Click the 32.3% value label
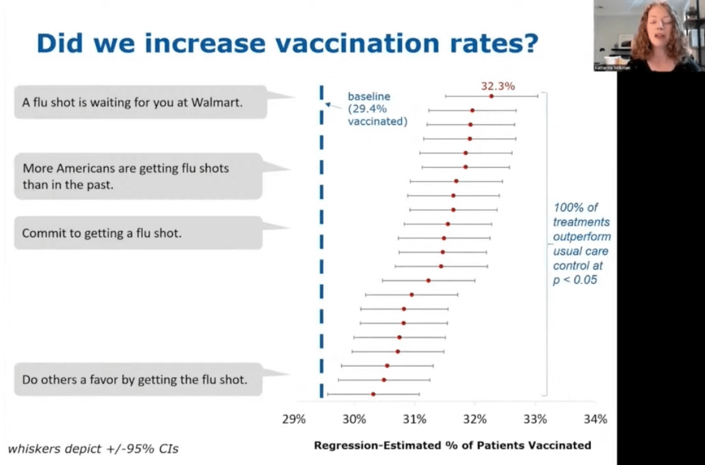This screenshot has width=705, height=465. [498, 86]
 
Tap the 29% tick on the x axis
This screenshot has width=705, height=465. [294, 420]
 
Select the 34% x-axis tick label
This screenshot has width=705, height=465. [595, 420]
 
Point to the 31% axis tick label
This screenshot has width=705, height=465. [415, 420]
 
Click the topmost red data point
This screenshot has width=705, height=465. [491, 96]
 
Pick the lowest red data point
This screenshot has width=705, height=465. [373, 394]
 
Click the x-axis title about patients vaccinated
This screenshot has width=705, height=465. [452, 445]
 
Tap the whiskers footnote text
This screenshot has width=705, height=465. [93, 449]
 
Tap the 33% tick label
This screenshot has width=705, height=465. [535, 420]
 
